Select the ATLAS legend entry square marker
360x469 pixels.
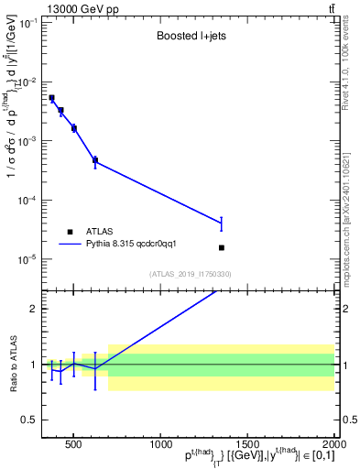click(x=70, y=232)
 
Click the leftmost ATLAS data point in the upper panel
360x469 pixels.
click(x=51, y=98)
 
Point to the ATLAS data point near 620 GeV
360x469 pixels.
click(x=95, y=159)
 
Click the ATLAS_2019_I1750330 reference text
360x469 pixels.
click(x=191, y=274)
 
